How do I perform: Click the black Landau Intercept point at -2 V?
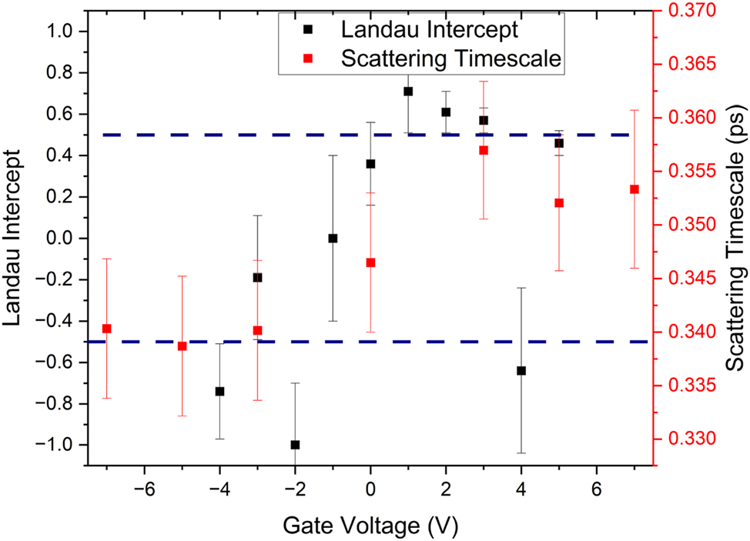295,445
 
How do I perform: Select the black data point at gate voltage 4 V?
521,371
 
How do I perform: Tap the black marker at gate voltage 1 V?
408,92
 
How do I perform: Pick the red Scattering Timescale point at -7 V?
107,329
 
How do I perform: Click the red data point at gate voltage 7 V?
634,189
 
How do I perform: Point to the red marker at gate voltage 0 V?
370,262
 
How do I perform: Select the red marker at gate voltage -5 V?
182,346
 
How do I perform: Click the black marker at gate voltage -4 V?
219,391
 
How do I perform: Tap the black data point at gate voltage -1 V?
333,239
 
